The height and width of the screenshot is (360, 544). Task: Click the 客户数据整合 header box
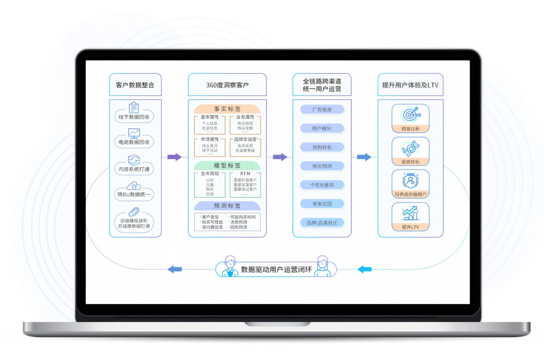coord(135,85)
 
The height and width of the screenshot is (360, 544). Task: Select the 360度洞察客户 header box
coord(227,85)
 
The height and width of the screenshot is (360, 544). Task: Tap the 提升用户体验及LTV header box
coord(410,85)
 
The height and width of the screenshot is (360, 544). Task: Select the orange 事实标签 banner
coord(227,109)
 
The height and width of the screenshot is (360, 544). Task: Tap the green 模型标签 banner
coord(227,166)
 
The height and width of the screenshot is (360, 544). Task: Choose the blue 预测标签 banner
coord(227,206)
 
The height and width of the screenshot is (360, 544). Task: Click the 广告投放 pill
coord(322,109)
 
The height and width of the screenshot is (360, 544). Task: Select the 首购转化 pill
coord(322,147)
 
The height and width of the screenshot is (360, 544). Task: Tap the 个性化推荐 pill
coord(322,185)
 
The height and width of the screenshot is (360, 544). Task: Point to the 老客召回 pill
coord(322,204)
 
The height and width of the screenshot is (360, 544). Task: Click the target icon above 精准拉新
coord(410,114)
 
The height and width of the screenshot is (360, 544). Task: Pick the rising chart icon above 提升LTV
coord(410,213)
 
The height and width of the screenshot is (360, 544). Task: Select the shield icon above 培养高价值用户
coord(410,180)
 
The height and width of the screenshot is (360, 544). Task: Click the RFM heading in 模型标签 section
coord(245,174)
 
